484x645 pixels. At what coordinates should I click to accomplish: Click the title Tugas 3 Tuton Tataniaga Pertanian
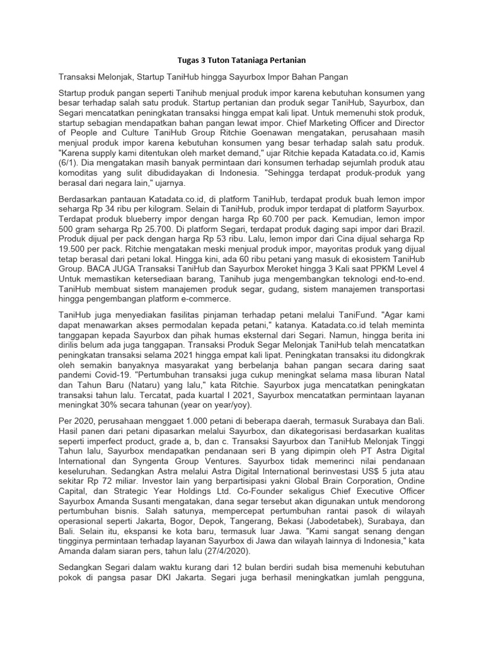[241, 60]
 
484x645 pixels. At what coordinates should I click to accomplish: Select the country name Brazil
[411, 231]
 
